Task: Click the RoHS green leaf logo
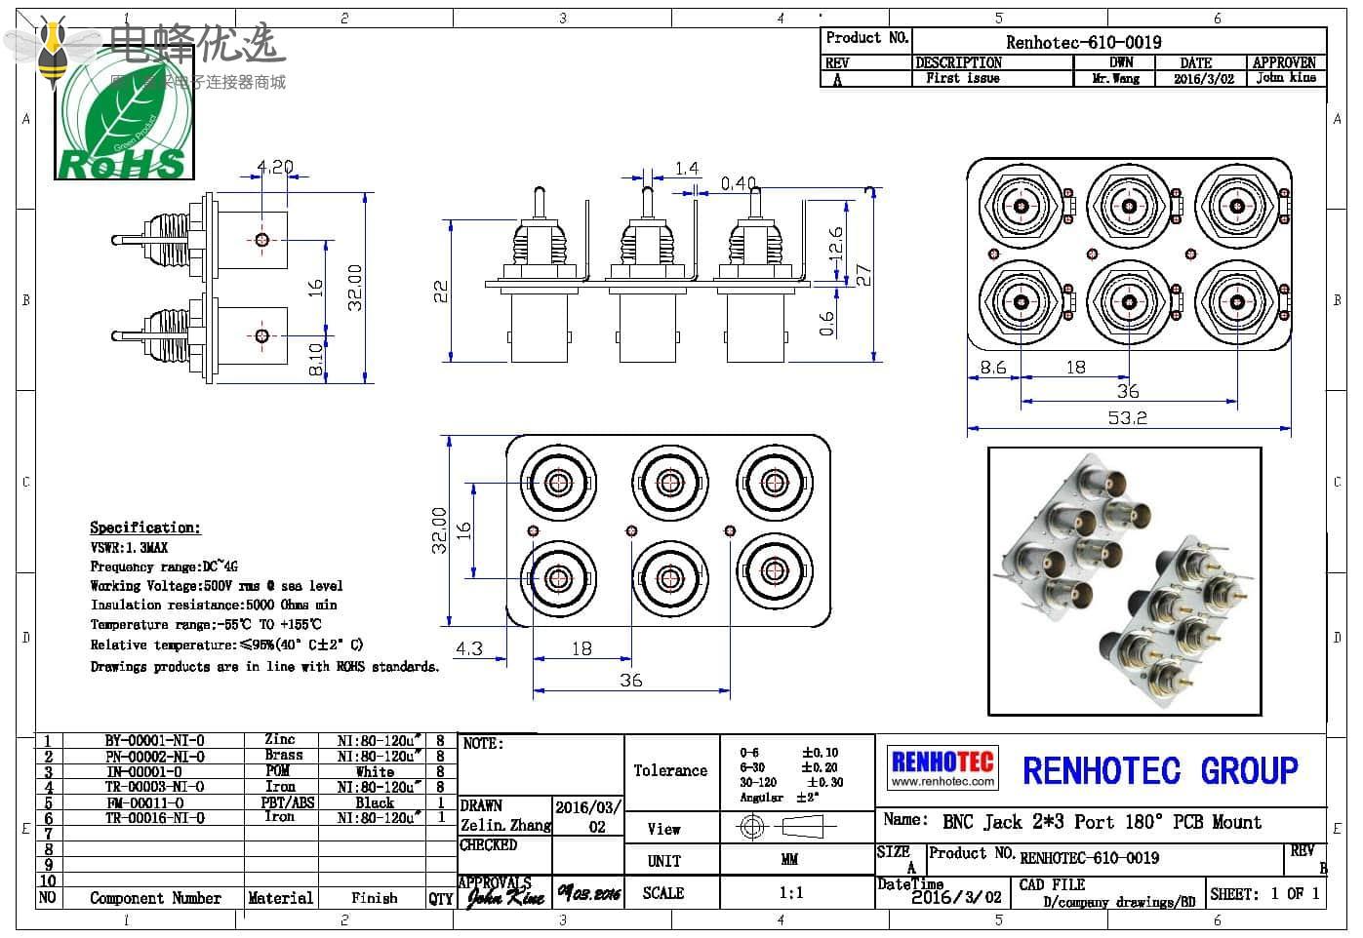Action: (x=124, y=128)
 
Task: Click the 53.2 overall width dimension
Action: (x=1127, y=417)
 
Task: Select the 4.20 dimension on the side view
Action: (x=274, y=167)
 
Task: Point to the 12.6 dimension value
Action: (x=835, y=244)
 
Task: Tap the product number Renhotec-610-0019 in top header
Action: (x=1083, y=42)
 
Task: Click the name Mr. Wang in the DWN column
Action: (x=1115, y=78)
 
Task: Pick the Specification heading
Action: (x=145, y=528)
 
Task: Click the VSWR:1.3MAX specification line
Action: (x=129, y=548)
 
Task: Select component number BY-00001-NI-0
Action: (x=154, y=740)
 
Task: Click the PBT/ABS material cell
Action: (x=288, y=802)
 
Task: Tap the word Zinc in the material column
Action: (x=280, y=740)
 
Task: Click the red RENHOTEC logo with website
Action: (x=942, y=767)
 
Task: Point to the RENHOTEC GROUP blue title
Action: (x=1160, y=771)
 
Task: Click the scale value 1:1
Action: (x=791, y=892)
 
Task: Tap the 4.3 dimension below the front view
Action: (x=469, y=648)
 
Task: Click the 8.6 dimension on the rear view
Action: (x=993, y=368)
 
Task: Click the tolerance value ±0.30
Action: (x=825, y=782)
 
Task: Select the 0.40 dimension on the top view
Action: (x=739, y=183)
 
